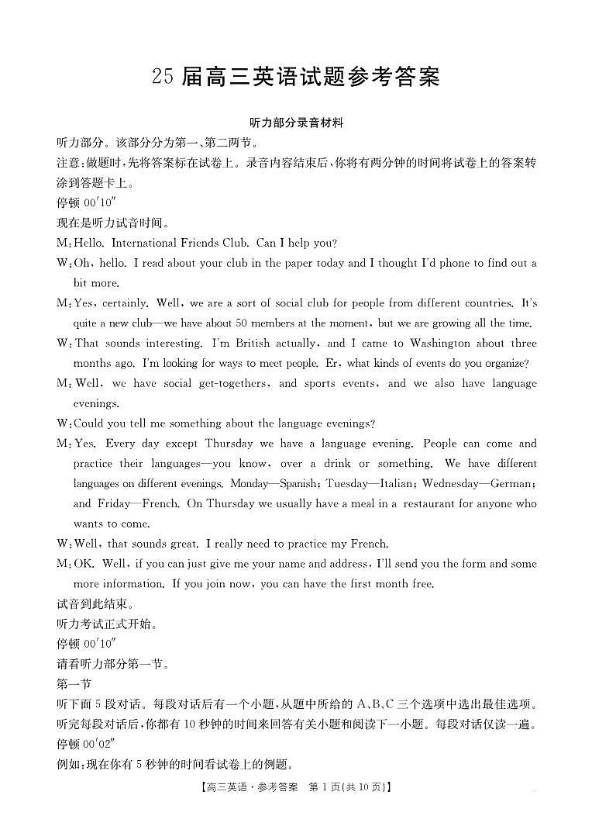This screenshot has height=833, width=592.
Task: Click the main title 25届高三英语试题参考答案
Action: coord(296,77)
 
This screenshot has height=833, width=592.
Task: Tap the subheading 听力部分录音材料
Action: coord(296,123)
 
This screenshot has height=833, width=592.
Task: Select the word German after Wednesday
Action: coord(512,483)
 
